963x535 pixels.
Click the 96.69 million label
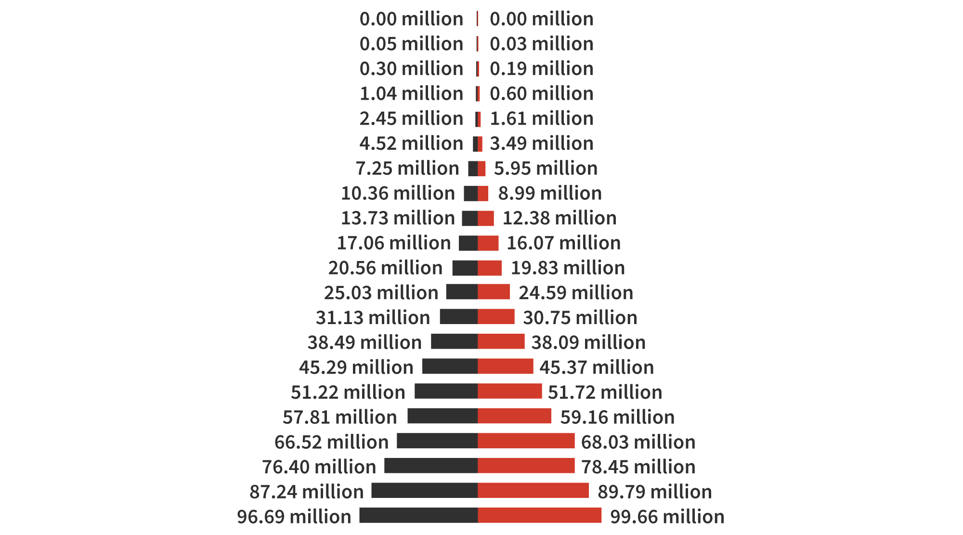(x=294, y=517)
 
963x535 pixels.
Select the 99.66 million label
(x=667, y=517)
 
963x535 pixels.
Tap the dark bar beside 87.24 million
(x=424, y=491)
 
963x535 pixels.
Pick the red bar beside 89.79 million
(x=533, y=491)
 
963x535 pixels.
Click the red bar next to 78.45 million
(x=526, y=466)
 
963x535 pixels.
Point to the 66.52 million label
(x=331, y=442)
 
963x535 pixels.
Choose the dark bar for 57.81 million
(x=442, y=416)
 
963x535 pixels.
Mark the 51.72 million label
(x=605, y=392)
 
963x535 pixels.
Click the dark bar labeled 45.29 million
(x=450, y=366)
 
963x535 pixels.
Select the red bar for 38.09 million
(x=501, y=341)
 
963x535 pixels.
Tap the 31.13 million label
(x=373, y=318)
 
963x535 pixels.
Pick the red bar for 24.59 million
(x=494, y=292)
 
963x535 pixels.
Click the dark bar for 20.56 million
(x=465, y=268)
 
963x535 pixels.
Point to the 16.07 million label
(x=563, y=243)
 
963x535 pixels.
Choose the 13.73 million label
(x=398, y=218)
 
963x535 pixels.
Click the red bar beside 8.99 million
(x=483, y=194)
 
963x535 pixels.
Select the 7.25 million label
(x=407, y=169)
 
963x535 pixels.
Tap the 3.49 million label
(x=541, y=144)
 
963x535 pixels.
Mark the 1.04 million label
(x=411, y=94)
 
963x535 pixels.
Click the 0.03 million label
(x=541, y=44)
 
